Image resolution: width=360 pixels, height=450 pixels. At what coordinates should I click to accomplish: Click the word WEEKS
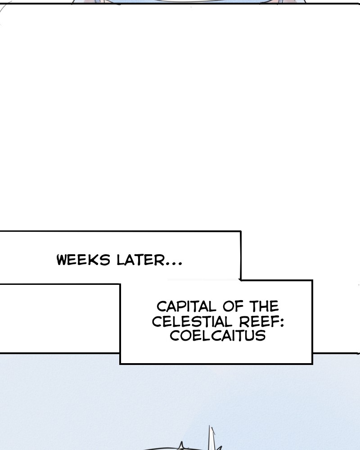tap(84, 261)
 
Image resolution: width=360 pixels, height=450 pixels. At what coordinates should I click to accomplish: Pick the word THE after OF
tap(263, 307)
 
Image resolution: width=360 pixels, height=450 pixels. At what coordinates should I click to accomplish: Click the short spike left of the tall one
tap(182, 445)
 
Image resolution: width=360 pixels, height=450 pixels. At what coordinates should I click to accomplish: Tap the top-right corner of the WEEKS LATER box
tap(240, 232)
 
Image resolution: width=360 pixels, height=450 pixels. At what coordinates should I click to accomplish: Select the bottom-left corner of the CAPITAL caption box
tap(120, 363)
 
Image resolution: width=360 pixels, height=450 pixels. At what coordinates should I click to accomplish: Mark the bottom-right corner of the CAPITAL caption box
tap(312, 363)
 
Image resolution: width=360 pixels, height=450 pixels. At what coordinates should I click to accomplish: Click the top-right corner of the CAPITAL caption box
tap(312, 281)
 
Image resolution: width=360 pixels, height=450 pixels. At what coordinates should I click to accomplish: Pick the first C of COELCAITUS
tap(174, 336)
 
